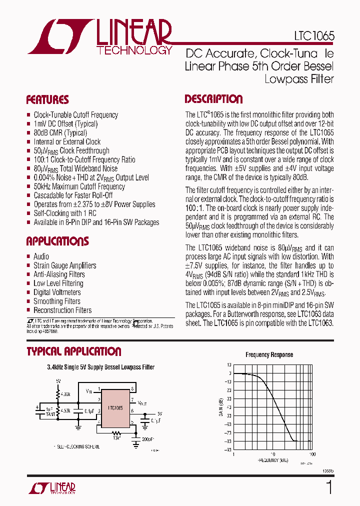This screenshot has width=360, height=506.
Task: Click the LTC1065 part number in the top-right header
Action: click(314, 37)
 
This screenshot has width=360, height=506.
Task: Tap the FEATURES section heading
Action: click(47, 99)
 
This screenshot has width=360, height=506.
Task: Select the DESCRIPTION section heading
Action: click(213, 99)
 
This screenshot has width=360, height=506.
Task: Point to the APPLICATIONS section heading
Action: click(57, 241)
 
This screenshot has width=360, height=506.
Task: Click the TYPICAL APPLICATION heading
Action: click(74, 351)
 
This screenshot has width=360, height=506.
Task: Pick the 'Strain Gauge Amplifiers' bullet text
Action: click(65, 265)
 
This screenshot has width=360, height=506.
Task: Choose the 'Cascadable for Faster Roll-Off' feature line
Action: click(73, 195)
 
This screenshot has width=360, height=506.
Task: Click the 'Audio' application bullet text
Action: click(41, 256)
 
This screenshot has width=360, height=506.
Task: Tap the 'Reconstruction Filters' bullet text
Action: click(62, 310)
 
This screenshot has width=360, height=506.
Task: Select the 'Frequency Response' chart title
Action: click(269, 355)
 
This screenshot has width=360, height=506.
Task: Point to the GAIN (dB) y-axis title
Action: click(219, 407)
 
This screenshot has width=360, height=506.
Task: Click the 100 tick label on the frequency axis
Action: click(312, 454)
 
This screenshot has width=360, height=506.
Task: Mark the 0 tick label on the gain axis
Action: click(230, 373)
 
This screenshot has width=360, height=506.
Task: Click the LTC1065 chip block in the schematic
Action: click(115, 408)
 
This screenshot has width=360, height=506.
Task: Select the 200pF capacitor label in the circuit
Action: click(148, 438)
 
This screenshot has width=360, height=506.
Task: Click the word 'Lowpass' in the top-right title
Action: click(282, 78)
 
